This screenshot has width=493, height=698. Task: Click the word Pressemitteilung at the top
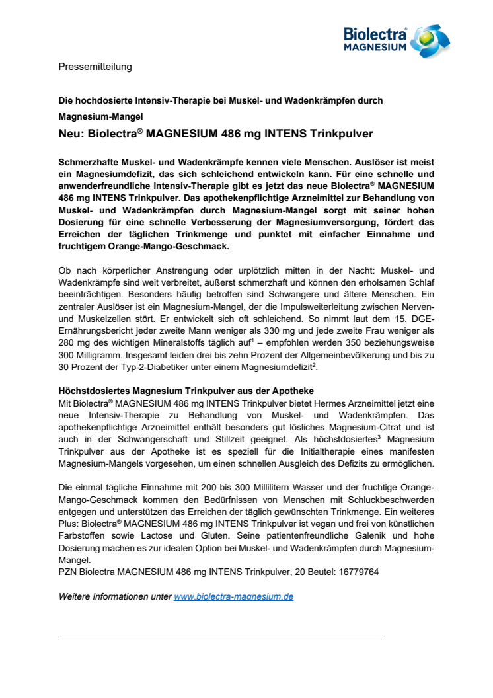95,66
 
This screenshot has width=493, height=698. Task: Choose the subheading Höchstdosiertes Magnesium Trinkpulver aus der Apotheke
186,391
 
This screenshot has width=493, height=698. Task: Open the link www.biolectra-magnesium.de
233,596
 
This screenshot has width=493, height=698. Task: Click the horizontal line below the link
220,635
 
